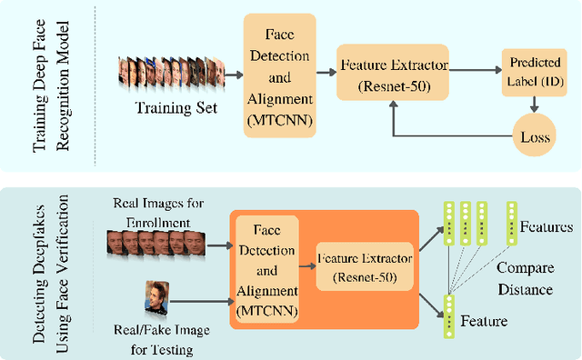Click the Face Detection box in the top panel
279,76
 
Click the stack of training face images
170,76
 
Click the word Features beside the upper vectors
547,225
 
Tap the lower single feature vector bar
448,315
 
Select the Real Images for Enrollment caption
151,213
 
